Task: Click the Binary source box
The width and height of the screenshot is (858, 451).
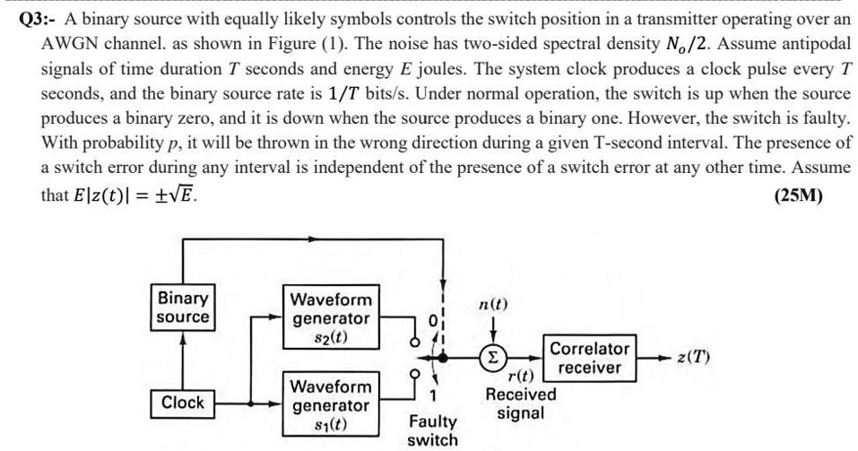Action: [x=183, y=308]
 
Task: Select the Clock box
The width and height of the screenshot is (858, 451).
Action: [x=183, y=403]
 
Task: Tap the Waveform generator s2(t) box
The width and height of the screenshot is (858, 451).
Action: [x=331, y=318]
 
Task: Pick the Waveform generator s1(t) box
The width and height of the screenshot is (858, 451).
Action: [x=331, y=405]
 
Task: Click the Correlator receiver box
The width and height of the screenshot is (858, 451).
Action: [x=589, y=358]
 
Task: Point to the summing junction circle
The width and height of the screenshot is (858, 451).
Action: [x=492, y=358]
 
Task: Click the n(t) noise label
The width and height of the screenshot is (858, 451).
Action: [x=491, y=305]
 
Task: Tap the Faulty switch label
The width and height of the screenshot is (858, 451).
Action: [x=432, y=430]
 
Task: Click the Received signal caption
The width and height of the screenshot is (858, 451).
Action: [x=521, y=403]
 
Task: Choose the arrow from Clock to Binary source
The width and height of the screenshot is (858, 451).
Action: [x=183, y=359]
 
